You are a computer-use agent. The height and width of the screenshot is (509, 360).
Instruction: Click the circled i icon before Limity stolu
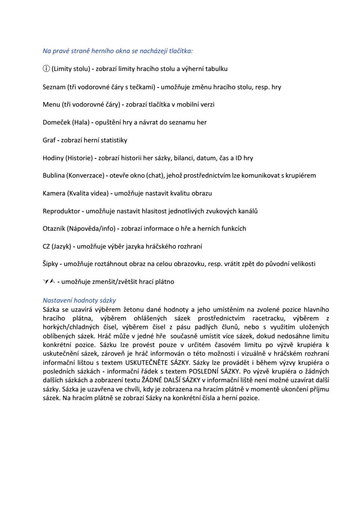[46, 69]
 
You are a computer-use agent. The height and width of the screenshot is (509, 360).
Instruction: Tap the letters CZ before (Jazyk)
[47, 246]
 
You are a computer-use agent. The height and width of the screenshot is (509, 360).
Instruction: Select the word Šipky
[50, 264]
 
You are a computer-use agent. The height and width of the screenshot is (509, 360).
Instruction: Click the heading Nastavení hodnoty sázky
[79, 300]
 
